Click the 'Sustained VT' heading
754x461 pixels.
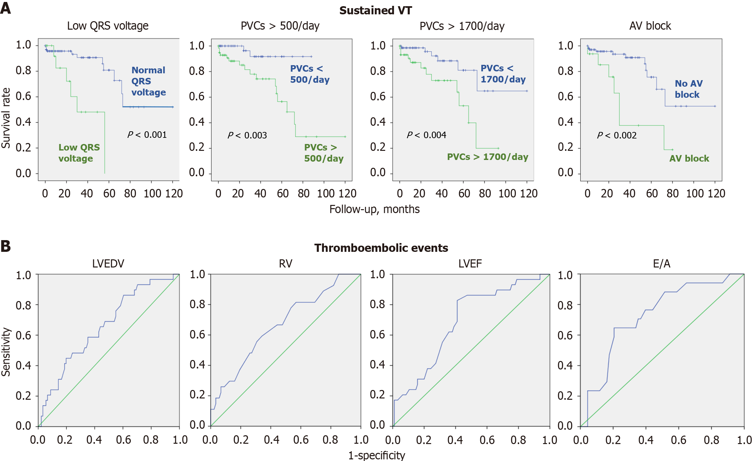(x=375, y=10)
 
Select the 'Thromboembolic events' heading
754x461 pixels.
(x=381, y=248)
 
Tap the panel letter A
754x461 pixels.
(x=6, y=8)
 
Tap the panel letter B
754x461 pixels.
(x=6, y=246)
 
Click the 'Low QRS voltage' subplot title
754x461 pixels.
(x=108, y=26)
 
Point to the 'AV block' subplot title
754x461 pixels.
(x=650, y=26)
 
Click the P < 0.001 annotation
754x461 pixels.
(x=147, y=135)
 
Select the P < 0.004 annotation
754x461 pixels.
(x=426, y=135)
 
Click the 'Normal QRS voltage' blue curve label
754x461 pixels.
(x=149, y=81)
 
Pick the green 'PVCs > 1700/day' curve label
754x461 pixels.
(x=487, y=157)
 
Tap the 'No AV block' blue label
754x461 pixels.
(x=688, y=89)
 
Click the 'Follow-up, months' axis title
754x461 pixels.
(x=374, y=209)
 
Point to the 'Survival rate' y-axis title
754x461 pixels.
(x=6, y=118)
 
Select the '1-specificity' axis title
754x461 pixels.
(x=377, y=455)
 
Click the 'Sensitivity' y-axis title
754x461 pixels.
(x=6, y=352)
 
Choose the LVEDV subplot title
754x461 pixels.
(x=108, y=263)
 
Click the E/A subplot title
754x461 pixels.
(x=661, y=263)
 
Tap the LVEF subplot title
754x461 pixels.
(x=470, y=263)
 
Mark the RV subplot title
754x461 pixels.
(x=285, y=263)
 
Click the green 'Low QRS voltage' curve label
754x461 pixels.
(x=79, y=153)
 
